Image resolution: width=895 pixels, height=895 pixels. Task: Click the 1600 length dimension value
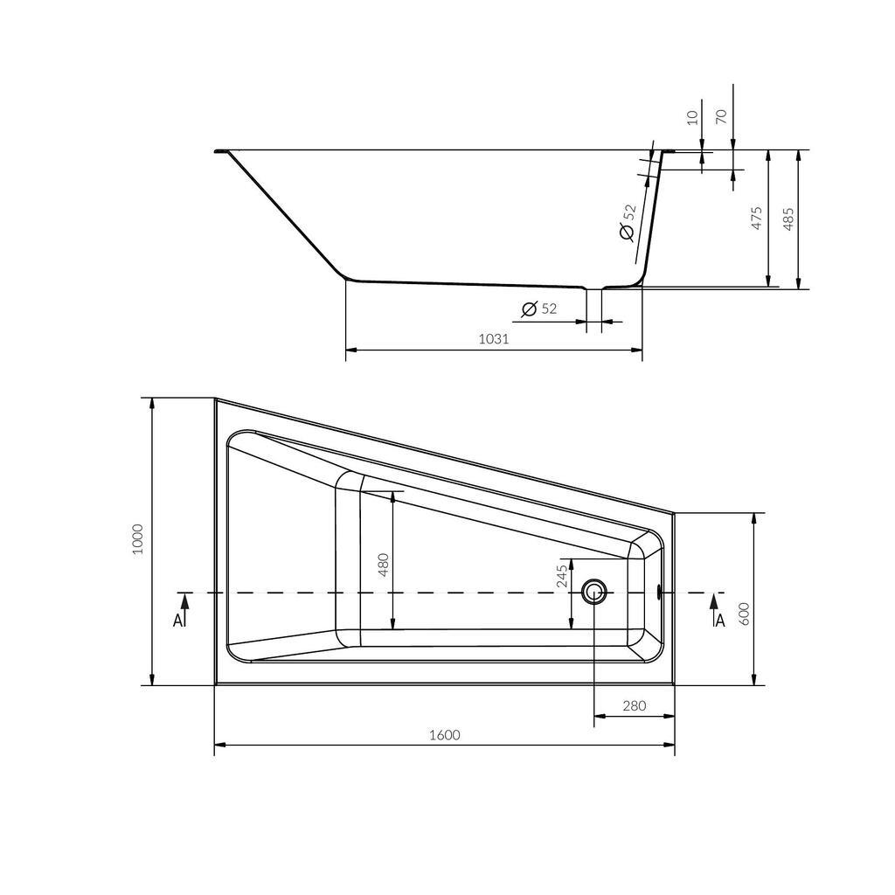pos(445,734)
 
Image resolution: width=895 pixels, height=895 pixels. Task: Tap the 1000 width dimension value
pos(137,540)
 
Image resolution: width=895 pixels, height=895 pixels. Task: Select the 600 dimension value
pos(744,614)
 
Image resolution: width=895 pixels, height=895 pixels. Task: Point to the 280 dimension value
pos(635,706)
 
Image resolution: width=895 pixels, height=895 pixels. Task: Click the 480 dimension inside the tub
pos(384,565)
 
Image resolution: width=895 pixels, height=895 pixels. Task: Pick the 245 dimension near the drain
pos(562,576)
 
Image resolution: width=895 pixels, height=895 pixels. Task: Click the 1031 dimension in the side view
pos(494,338)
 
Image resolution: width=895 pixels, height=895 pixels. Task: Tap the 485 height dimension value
pos(788,219)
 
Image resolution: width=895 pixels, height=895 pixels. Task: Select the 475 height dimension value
pos(757,218)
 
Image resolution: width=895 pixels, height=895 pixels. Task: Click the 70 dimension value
pos(721,116)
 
